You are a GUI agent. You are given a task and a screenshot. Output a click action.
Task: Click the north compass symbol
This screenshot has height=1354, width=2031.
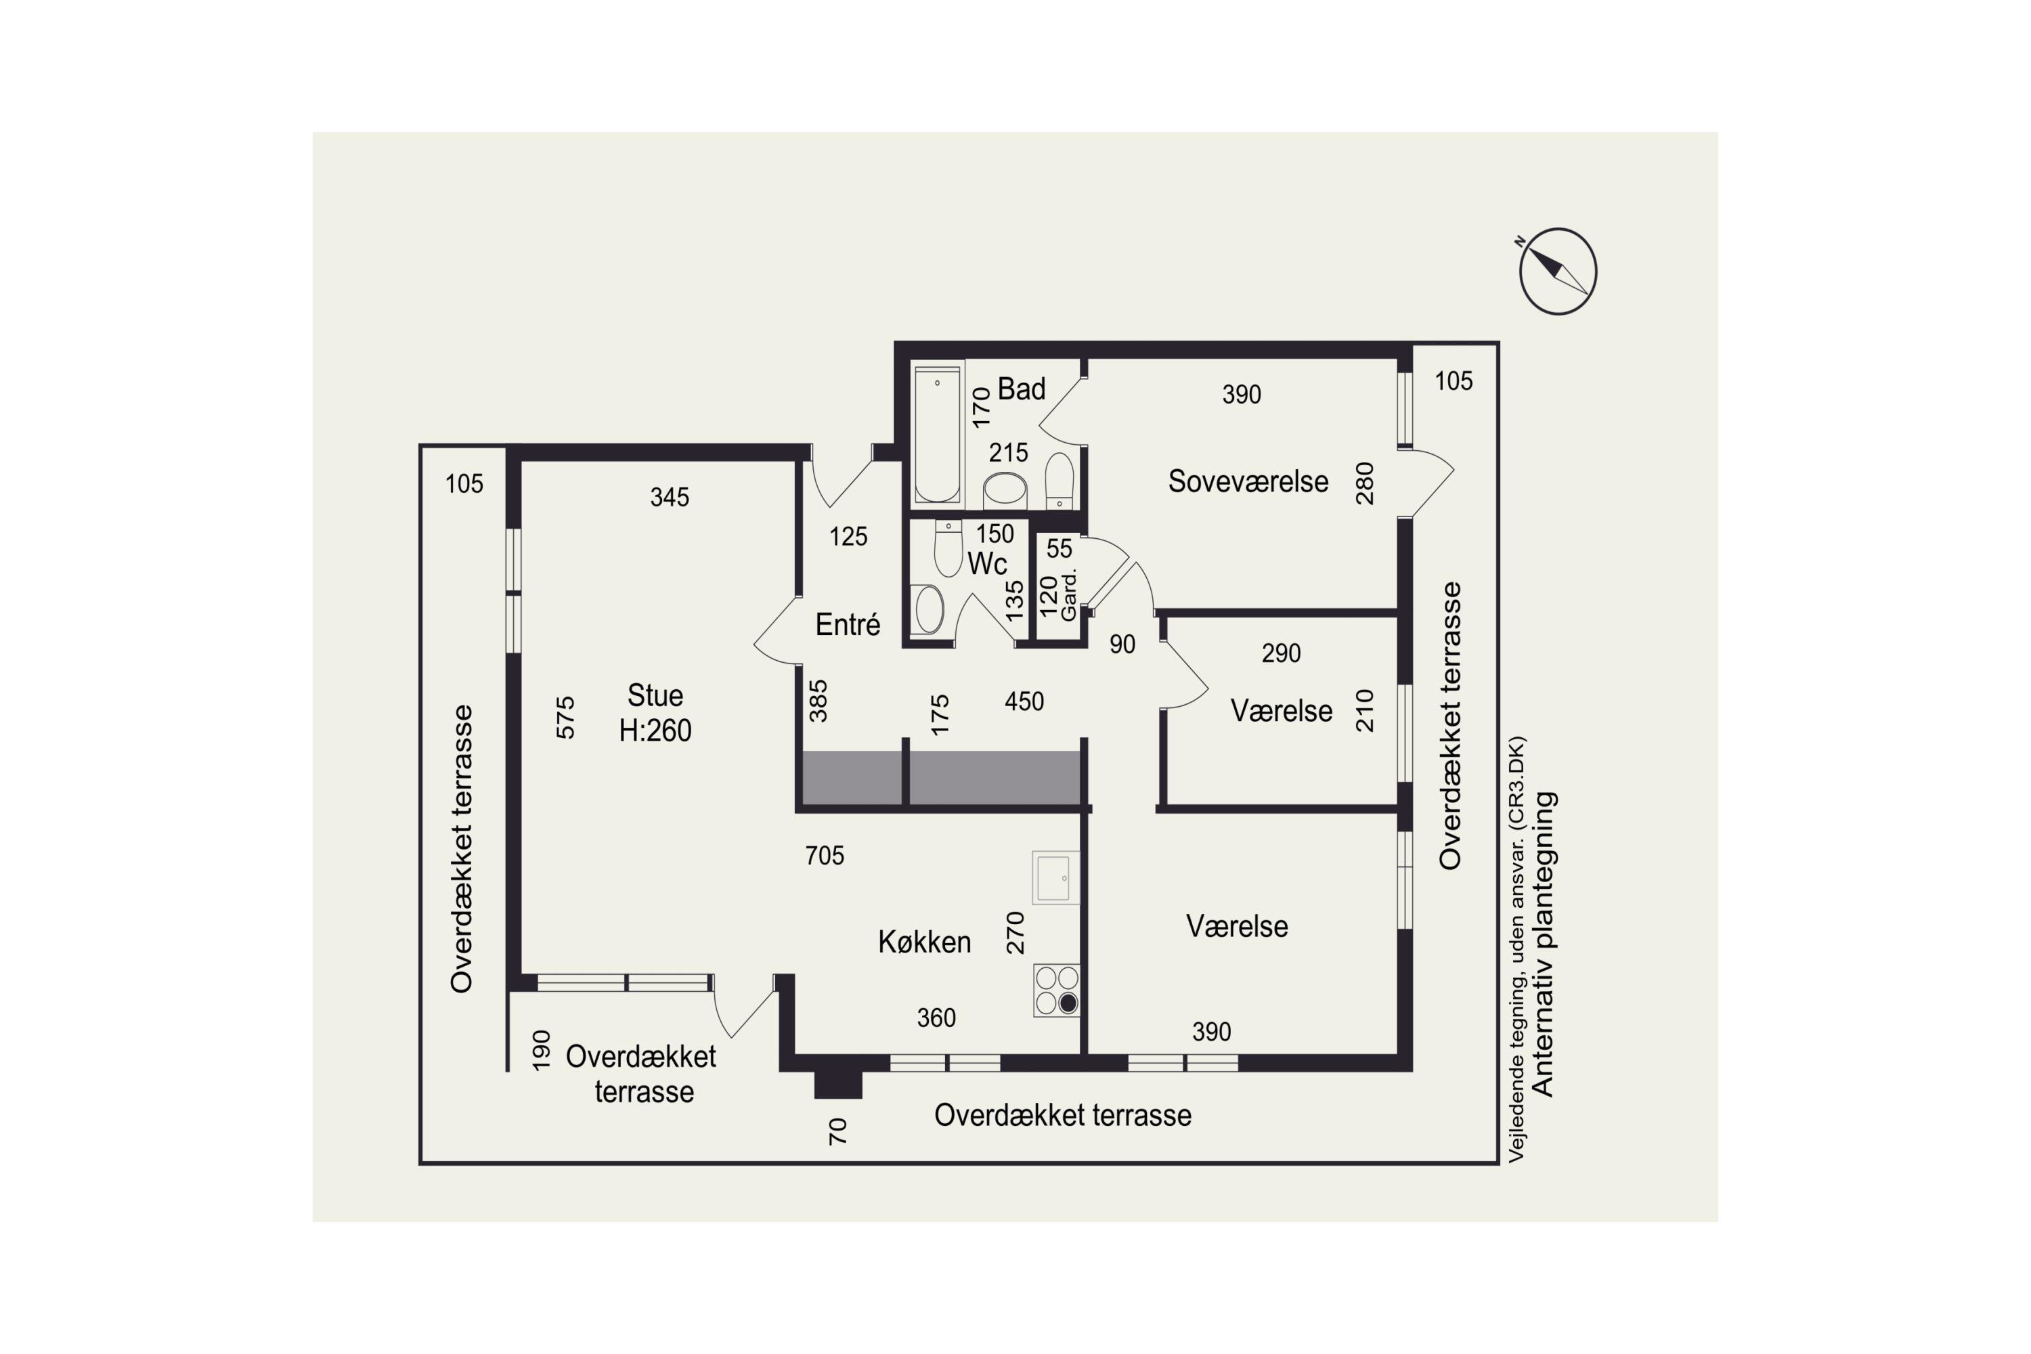(x=1557, y=270)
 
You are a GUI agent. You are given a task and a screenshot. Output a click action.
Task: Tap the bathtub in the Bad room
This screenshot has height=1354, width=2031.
(x=937, y=435)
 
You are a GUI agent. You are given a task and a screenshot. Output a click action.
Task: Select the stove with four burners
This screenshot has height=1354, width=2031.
(x=1057, y=990)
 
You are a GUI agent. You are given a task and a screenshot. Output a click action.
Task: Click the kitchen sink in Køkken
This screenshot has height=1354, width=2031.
(x=1055, y=877)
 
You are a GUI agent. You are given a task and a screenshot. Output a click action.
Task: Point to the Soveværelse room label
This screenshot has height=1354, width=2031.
(x=1248, y=481)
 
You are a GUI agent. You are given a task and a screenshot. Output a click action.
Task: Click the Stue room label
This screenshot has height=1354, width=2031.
(x=655, y=695)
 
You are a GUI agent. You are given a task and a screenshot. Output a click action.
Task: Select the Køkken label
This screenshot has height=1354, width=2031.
(x=924, y=941)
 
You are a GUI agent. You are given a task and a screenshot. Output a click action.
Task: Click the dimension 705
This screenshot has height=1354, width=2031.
(x=825, y=855)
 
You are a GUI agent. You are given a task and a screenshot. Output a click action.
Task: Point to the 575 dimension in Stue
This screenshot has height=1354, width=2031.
(x=565, y=717)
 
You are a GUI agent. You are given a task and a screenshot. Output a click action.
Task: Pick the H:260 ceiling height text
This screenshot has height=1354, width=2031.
(x=655, y=730)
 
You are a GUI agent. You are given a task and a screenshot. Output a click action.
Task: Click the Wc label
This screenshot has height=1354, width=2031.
(x=987, y=564)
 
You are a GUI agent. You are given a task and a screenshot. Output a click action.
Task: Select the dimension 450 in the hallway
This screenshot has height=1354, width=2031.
(x=1024, y=701)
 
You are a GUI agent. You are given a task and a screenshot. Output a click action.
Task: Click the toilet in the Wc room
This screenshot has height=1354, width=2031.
(x=948, y=548)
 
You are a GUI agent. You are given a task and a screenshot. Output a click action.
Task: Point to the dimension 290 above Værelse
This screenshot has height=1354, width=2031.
(x=1281, y=653)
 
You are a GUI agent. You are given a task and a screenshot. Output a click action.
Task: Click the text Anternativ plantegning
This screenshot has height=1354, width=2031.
(x=1542, y=944)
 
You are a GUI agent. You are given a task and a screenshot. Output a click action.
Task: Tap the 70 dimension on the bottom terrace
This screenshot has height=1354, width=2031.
(x=837, y=1131)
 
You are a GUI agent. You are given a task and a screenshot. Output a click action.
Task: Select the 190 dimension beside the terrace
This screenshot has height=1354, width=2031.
(x=540, y=1050)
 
